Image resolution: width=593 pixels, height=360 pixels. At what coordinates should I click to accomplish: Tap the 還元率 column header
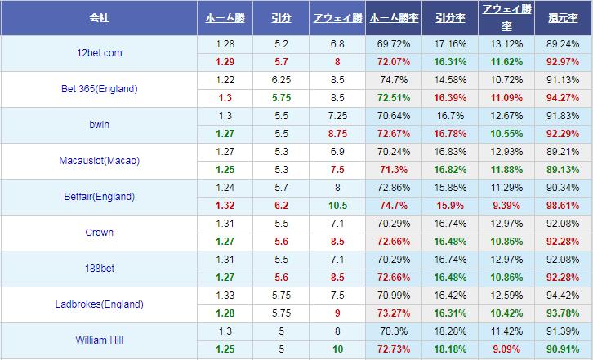click(x=564, y=17)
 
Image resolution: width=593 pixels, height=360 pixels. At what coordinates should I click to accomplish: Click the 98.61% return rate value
click(x=564, y=206)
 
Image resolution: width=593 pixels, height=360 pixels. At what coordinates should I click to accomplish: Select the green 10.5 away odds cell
click(x=337, y=206)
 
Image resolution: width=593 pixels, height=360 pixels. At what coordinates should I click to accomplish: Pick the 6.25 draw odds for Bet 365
click(x=281, y=80)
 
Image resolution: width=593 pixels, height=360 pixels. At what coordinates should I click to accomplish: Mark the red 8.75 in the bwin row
click(x=337, y=134)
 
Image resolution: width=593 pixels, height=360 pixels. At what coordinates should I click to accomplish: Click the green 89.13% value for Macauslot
click(x=564, y=170)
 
